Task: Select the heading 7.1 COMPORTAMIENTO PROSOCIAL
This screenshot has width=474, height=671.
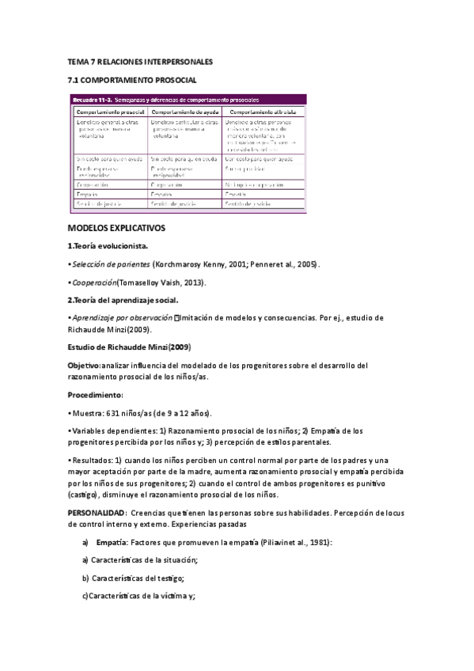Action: click(131, 80)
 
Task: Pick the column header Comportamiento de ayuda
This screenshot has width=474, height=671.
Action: click(184, 112)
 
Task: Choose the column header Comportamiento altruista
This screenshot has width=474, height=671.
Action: click(263, 112)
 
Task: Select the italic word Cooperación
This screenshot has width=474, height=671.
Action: click(93, 282)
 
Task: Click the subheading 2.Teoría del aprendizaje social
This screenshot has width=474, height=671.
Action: click(123, 300)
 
